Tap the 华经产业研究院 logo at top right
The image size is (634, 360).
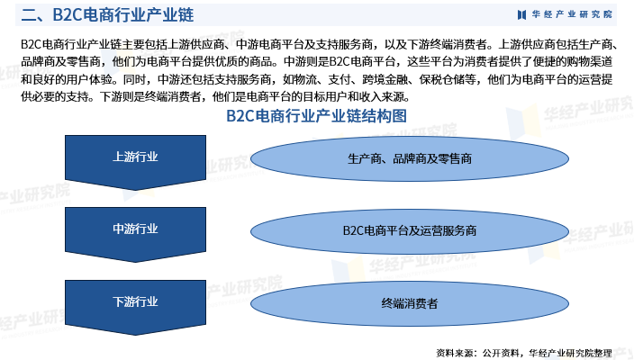click(x=566, y=14)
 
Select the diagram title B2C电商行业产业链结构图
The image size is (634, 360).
click(x=316, y=116)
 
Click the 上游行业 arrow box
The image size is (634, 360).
click(x=135, y=162)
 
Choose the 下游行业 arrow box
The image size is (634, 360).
click(x=135, y=306)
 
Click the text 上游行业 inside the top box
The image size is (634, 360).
click(x=135, y=157)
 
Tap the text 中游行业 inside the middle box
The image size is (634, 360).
click(x=135, y=229)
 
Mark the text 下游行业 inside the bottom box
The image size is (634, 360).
click(x=135, y=301)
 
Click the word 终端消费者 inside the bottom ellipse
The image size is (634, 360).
click(x=410, y=303)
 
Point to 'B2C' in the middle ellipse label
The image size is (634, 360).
click(x=352, y=230)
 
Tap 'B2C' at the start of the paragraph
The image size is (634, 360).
click(x=30, y=44)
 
